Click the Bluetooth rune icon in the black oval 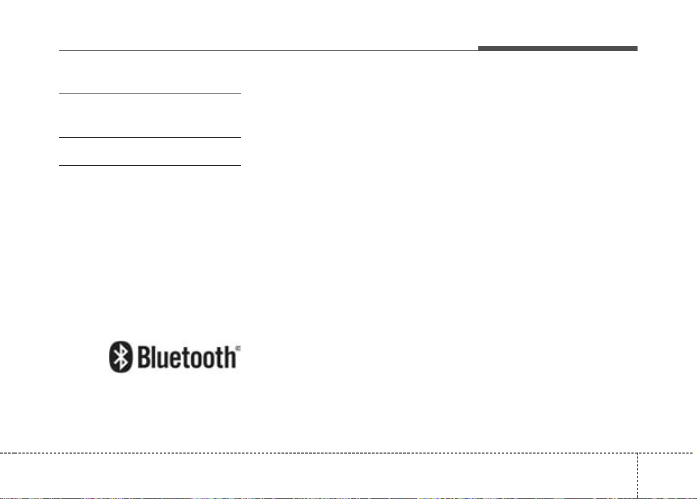(121, 357)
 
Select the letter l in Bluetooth (155, 357)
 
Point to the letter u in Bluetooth (165, 360)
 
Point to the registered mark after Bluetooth (238, 348)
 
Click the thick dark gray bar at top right (558, 48)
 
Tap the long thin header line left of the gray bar (269, 50)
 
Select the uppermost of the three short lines (150, 93)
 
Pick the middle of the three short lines (150, 137)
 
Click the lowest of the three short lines (150, 165)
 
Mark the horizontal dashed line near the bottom (349, 453)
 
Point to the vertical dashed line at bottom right (638, 476)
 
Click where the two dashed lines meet (638, 453)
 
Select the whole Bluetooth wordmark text (187, 357)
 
